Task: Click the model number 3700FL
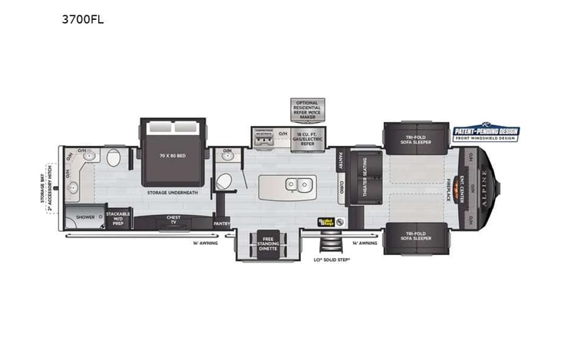pos(82,20)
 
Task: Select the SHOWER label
pos(84,217)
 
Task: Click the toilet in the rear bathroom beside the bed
pos(114,159)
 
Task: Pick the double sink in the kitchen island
pos(297,184)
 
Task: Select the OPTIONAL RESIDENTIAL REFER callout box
pos(306,108)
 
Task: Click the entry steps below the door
pos(332,243)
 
